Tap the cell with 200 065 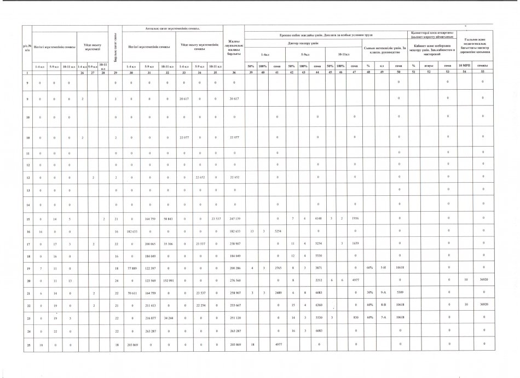(x=148, y=243)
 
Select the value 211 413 (x=148, y=305)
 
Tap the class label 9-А (x=384, y=293)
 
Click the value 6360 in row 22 (x=320, y=305)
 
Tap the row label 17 (x=27, y=243)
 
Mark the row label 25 (x=27, y=343)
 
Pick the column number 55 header (x=482, y=72)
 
